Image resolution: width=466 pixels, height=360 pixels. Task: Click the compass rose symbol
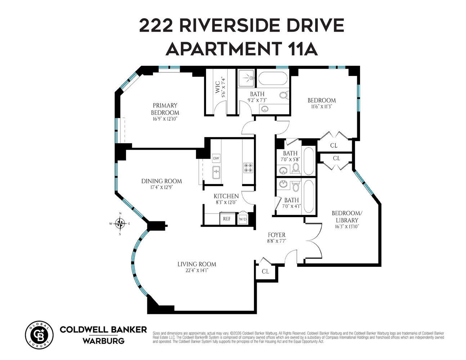pyautogui.click(x=120, y=224)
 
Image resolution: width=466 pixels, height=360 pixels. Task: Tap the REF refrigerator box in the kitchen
pyautogui.click(x=227, y=219)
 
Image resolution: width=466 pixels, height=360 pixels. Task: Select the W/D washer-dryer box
pyautogui.click(x=243, y=219)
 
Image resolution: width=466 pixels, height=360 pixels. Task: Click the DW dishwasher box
pyautogui.click(x=216, y=158)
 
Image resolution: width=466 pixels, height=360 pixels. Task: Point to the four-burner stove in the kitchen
pyautogui.click(x=248, y=168)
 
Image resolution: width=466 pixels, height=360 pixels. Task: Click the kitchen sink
pyautogui.click(x=216, y=172)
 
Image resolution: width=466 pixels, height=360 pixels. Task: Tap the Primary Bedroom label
pyautogui.click(x=165, y=109)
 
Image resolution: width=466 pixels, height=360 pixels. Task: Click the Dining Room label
pyautogui.click(x=161, y=181)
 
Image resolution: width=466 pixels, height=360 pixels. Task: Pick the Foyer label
pyautogui.click(x=277, y=235)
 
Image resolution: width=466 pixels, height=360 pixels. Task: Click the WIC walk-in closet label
pyautogui.click(x=218, y=88)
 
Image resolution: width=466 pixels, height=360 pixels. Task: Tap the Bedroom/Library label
pyautogui.click(x=345, y=216)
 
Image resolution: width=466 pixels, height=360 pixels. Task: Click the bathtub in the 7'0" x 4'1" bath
pyautogui.click(x=309, y=196)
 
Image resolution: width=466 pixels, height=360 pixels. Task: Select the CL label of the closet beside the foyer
pyautogui.click(x=265, y=271)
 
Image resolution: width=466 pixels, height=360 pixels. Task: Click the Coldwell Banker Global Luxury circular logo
pyautogui.click(x=39, y=335)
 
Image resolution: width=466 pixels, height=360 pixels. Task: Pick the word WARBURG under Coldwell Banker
pyautogui.click(x=103, y=341)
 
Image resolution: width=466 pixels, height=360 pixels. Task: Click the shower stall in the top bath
pyautogui.click(x=247, y=78)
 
